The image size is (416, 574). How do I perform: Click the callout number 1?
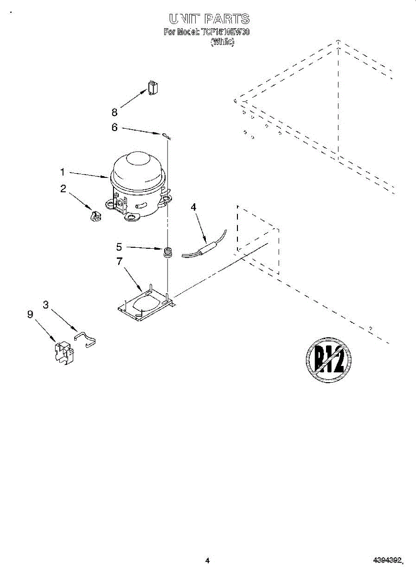pyautogui.click(x=62, y=171)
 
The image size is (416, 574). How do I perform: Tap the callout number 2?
pyautogui.click(x=63, y=189)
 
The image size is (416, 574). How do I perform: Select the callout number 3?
pyautogui.click(x=45, y=305)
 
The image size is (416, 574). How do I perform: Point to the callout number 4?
pyautogui.click(x=193, y=207)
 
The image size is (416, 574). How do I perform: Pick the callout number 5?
pyautogui.click(x=119, y=247)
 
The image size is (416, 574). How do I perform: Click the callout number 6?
pyautogui.click(x=114, y=127)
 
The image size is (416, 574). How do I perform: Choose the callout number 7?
pyautogui.click(x=119, y=261)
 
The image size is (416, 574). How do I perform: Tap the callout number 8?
pyautogui.click(x=114, y=112)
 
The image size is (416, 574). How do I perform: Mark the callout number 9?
pyautogui.click(x=30, y=314)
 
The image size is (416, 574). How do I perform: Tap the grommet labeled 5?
pyautogui.click(x=168, y=252)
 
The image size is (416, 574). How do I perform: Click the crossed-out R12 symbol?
pyautogui.click(x=328, y=359)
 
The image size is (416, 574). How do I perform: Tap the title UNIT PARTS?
pyautogui.click(x=209, y=19)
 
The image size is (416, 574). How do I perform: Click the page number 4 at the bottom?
pyautogui.click(x=207, y=560)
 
